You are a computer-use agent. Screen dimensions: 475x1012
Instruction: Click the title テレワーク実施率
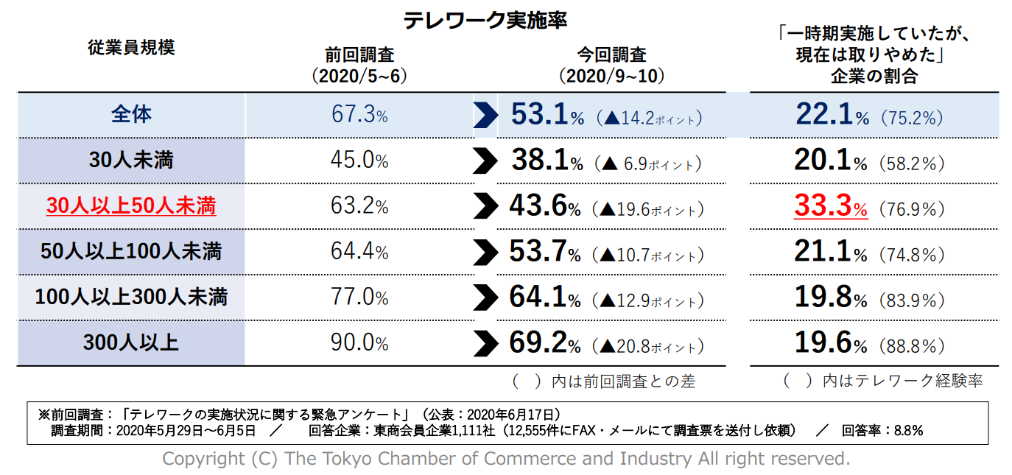(485, 20)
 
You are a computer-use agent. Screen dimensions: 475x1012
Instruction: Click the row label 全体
(131, 115)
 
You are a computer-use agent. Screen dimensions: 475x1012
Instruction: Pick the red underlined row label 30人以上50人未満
(131, 206)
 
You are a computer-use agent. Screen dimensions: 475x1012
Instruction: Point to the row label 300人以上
(131, 343)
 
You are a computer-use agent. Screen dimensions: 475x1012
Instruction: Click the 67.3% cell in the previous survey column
(359, 116)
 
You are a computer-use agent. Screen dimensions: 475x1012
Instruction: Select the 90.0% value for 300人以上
(359, 343)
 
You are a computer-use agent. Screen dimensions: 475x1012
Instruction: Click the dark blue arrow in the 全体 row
(485, 116)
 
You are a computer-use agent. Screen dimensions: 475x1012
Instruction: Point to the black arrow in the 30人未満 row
(485, 161)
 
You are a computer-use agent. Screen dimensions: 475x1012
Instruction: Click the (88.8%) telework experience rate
(911, 345)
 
